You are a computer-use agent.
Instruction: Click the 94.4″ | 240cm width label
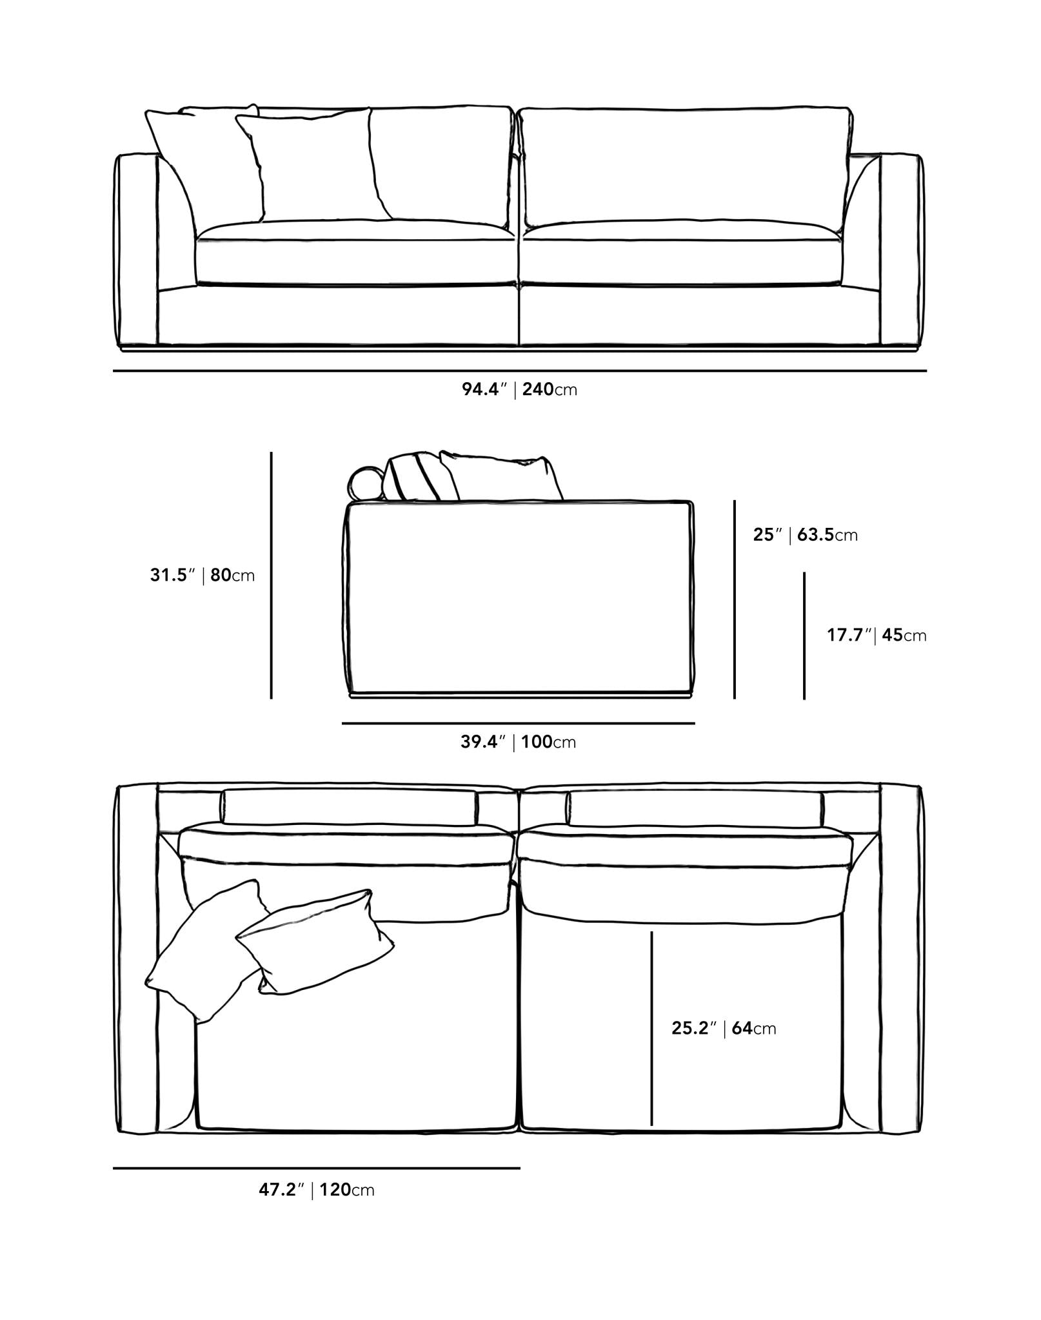(519, 389)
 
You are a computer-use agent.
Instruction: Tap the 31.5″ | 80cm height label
(203, 575)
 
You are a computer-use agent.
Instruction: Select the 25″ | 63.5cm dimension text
(806, 534)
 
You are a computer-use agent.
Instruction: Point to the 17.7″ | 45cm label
(877, 635)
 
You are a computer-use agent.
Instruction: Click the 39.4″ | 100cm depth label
(518, 742)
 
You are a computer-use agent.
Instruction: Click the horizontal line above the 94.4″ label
(520, 371)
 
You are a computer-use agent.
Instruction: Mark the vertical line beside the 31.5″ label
(272, 575)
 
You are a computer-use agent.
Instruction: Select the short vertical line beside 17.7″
(804, 636)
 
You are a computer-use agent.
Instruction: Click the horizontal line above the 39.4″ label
(519, 723)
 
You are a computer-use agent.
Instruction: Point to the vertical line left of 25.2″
(651, 1028)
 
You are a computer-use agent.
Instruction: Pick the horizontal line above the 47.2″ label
(317, 1167)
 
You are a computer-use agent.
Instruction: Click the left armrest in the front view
(136, 251)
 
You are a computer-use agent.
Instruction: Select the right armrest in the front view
(901, 251)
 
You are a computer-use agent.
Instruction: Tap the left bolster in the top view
(350, 806)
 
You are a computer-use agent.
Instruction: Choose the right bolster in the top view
(695, 806)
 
